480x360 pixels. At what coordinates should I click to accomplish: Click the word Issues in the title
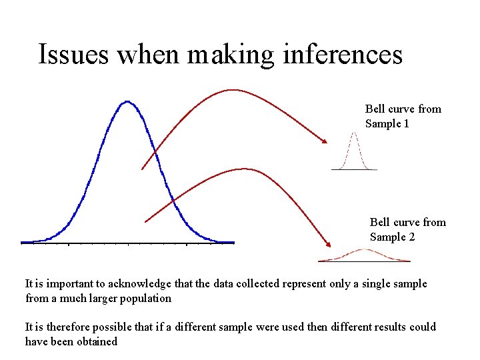point(73,55)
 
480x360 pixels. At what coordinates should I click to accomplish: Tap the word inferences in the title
point(343,55)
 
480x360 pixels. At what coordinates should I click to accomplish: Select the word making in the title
point(231,55)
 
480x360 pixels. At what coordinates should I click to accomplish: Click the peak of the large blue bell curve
point(127,102)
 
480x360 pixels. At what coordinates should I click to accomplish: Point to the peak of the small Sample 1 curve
point(354,133)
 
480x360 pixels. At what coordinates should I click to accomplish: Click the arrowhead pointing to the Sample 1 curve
point(325,141)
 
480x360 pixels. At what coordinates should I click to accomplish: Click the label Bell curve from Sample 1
point(403,116)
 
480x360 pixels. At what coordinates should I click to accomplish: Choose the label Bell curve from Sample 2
point(407,229)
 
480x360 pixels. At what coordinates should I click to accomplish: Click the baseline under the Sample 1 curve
point(354,169)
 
